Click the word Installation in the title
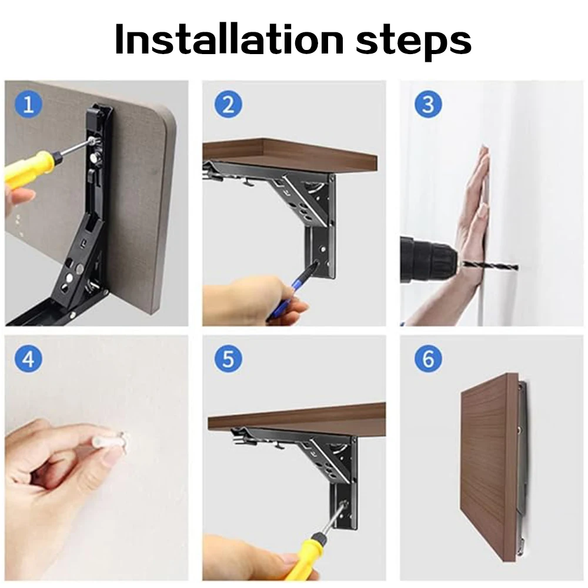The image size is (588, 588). pyautogui.click(x=229, y=39)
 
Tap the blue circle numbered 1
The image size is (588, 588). pyautogui.click(x=28, y=104)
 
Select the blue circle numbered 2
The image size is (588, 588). pyautogui.click(x=228, y=104)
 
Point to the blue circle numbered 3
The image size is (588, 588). pyautogui.click(x=428, y=104)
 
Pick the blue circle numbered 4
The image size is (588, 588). pyautogui.click(x=28, y=359)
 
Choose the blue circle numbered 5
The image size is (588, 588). pyautogui.click(x=228, y=359)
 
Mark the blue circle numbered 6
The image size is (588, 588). pyautogui.click(x=428, y=359)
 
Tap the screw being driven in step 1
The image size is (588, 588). pyautogui.click(x=91, y=141)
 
